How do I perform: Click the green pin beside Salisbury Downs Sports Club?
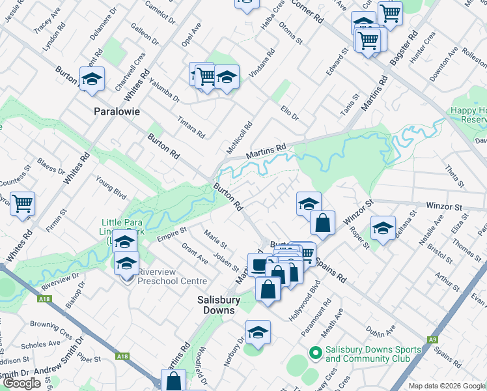click(x=316, y=353)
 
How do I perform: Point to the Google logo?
click(x=21, y=383)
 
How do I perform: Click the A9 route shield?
click(x=432, y=340)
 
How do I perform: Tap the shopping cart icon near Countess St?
click(x=23, y=203)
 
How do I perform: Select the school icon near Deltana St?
click(x=383, y=228)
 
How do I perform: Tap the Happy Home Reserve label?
click(x=469, y=115)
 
